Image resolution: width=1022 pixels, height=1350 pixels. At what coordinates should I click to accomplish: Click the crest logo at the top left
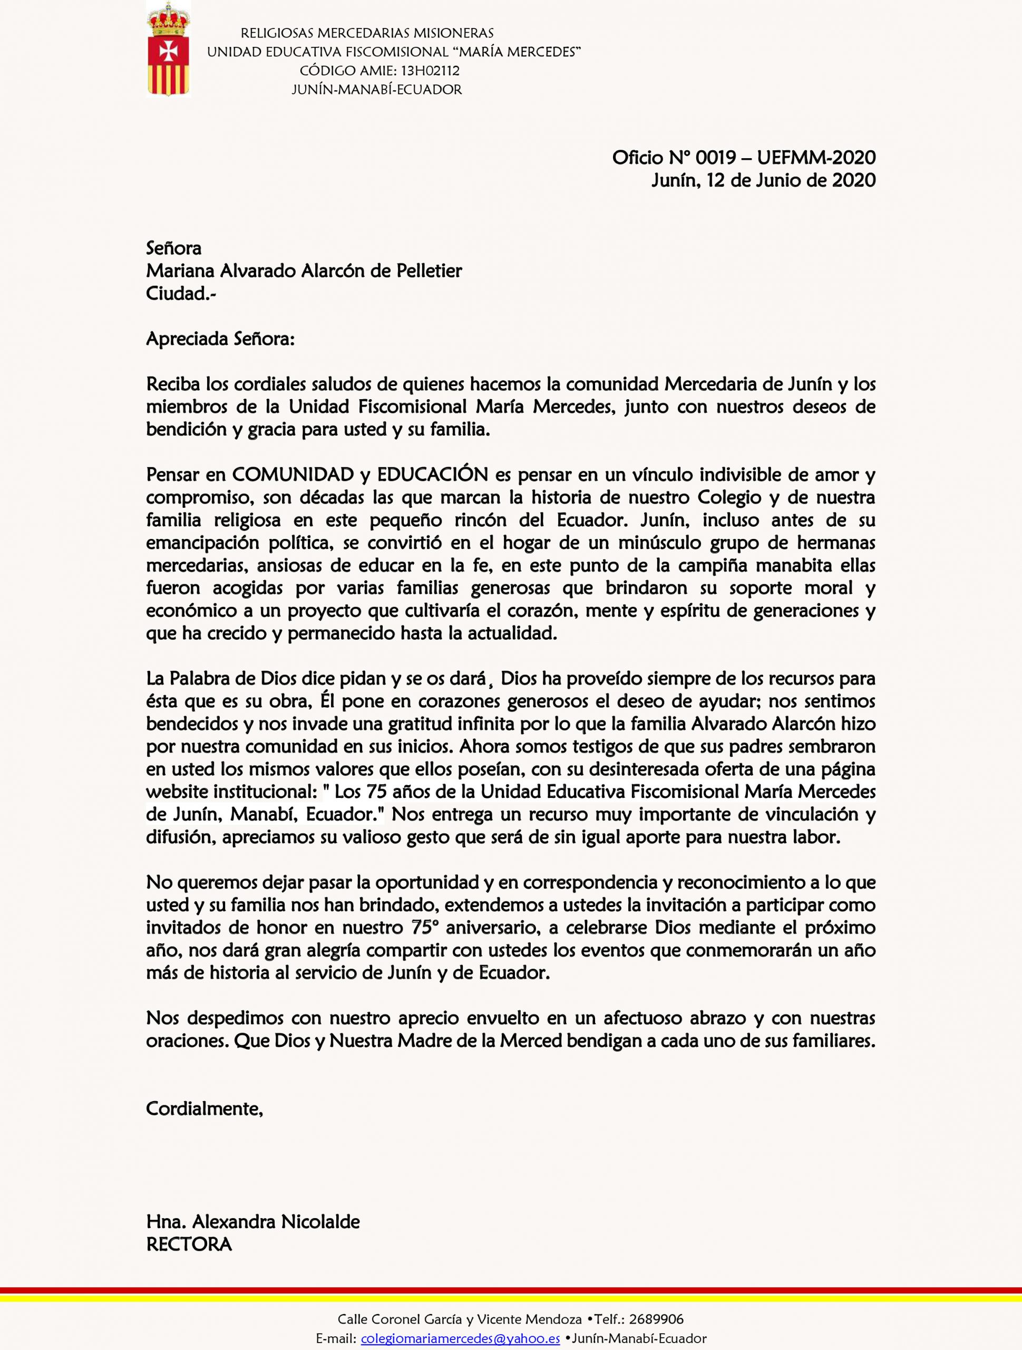pyautogui.click(x=169, y=49)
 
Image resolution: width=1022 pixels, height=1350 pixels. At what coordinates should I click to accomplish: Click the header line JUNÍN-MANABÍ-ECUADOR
pyautogui.click(x=376, y=90)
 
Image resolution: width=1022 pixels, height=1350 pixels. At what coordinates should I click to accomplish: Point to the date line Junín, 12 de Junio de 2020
pyautogui.click(x=763, y=180)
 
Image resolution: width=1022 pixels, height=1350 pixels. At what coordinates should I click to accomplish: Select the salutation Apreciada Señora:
pyautogui.click(x=220, y=339)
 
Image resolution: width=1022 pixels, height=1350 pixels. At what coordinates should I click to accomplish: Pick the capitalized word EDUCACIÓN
pyautogui.click(x=433, y=474)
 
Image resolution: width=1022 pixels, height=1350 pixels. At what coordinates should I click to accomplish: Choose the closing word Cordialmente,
pyautogui.click(x=205, y=1108)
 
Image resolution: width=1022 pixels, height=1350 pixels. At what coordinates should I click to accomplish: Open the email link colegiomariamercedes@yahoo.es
pyautogui.click(x=461, y=1338)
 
